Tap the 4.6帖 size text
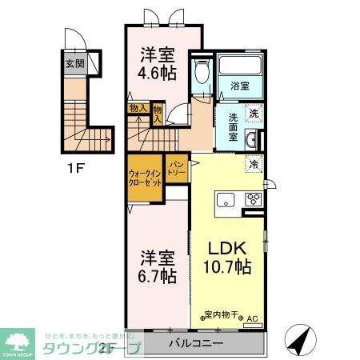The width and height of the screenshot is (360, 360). pyautogui.click(x=158, y=71)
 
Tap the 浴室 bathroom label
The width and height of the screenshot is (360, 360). pyautogui.click(x=241, y=86)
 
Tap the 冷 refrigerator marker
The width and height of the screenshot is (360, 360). pyautogui.click(x=254, y=165)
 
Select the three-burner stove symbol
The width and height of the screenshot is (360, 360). pyautogui.click(x=254, y=201)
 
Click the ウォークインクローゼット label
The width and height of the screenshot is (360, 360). pyautogui.click(x=145, y=177)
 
